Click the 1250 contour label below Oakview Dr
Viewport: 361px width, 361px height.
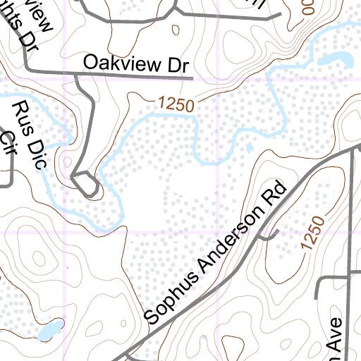(x=176, y=104)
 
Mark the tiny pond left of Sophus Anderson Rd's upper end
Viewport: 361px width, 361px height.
(x=249, y=147)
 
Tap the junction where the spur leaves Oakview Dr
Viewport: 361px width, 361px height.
(x=76, y=72)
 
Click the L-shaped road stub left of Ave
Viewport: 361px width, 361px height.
(x=324, y=282)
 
